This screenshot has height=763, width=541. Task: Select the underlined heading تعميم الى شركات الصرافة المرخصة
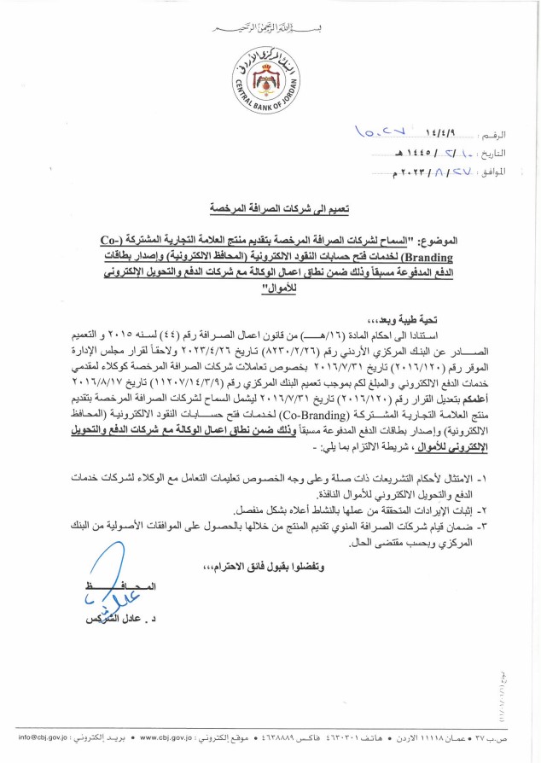coord(270,208)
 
